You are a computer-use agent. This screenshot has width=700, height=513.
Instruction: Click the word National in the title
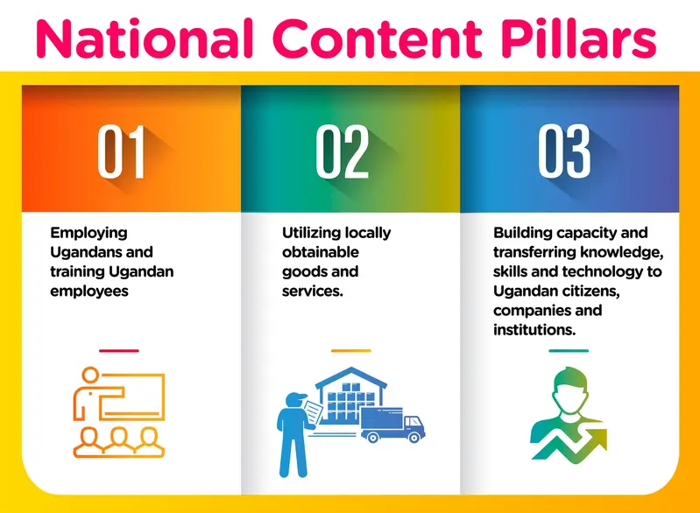pyautogui.click(x=145, y=39)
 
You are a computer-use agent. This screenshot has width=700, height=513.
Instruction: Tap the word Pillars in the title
pyautogui.click(x=578, y=39)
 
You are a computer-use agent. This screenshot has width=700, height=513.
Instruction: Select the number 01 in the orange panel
pyautogui.click(x=122, y=151)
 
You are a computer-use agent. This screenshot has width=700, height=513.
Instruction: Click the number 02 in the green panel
pyautogui.click(x=343, y=151)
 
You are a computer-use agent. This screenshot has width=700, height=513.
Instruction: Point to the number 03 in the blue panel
pyautogui.click(x=564, y=151)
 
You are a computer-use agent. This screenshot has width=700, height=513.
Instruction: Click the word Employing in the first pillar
pyautogui.click(x=88, y=234)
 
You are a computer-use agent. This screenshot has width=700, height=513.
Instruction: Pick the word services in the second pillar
pyautogui.click(x=310, y=292)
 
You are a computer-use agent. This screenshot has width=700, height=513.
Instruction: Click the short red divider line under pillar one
pyautogui.click(x=119, y=351)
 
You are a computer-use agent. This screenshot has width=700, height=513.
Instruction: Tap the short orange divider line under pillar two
pyautogui.click(x=351, y=351)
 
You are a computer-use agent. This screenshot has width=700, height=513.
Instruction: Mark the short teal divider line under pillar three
pyautogui.click(x=569, y=351)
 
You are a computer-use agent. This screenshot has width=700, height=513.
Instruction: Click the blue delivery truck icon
pyautogui.click(x=392, y=425)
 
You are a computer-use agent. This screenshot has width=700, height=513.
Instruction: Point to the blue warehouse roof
pyautogui.click(x=351, y=377)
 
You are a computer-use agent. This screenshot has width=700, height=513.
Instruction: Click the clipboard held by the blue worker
pyautogui.click(x=314, y=412)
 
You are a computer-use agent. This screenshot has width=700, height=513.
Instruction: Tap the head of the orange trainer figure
pyautogui.click(x=90, y=376)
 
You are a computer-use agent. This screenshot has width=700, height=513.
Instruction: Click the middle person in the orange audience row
pyautogui.click(x=119, y=441)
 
